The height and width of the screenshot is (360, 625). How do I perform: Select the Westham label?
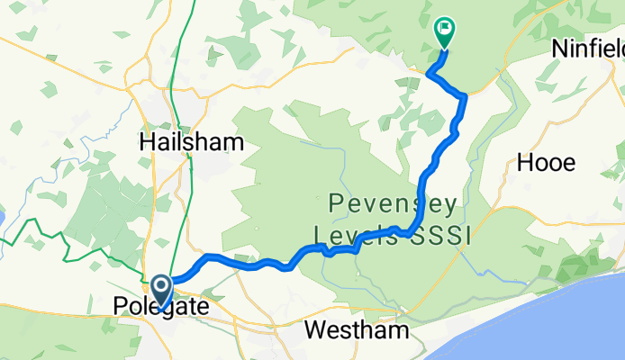(x=356, y=330)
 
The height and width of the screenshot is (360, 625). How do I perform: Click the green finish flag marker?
(x=445, y=31)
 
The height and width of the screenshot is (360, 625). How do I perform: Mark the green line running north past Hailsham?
(x=177, y=54)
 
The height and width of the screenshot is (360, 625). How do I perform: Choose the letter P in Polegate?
(x=122, y=308)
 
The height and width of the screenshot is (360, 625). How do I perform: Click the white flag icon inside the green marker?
(x=445, y=30)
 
